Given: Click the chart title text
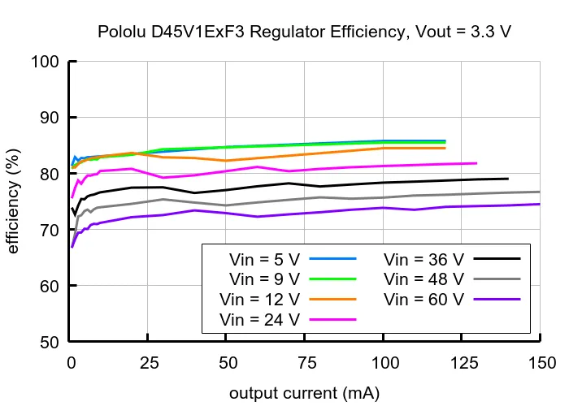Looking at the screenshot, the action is tap(304, 32).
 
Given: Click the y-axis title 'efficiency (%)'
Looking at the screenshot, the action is tap(13, 201).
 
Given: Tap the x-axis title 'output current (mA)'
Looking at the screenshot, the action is tap(304, 393).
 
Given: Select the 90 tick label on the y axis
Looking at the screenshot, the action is tap(50, 118).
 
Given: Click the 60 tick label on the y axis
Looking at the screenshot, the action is tap(50, 286).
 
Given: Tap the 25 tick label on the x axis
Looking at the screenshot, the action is tap(150, 363).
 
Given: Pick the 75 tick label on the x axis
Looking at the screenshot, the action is tap(306, 363).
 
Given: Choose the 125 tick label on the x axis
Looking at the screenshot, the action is tap(464, 363).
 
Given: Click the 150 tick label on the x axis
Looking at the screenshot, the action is tap(542, 363).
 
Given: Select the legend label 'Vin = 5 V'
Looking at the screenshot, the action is tap(264, 260).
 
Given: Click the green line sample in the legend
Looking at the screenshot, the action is tap(332, 279).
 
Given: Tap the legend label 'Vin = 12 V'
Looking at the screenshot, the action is tap(260, 300).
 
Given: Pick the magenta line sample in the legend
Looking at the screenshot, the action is tap(332, 319).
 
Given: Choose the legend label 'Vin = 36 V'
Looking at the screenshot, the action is tap(423, 260).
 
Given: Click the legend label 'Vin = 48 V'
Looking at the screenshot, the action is tap(423, 279).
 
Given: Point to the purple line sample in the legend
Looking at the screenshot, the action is tap(497, 300).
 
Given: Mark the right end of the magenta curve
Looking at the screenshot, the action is tap(476, 163).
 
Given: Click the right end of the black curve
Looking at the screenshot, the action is tap(508, 179).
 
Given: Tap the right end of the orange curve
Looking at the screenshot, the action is tap(445, 149).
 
